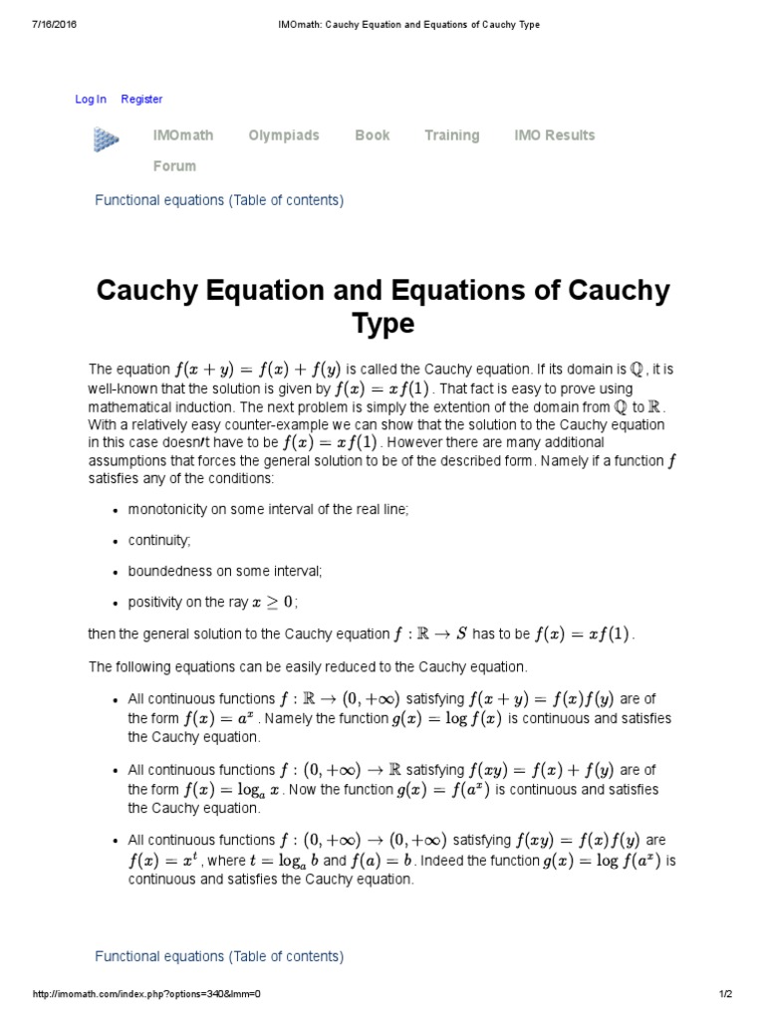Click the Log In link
point(91,99)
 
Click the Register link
point(141,99)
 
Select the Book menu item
point(372,135)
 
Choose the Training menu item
point(451,135)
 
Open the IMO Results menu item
point(554,135)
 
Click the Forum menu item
point(174,166)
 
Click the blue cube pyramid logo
point(107,140)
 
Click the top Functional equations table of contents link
point(219,200)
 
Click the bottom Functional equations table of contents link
point(219,956)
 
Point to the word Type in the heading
point(383,325)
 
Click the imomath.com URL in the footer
point(146,995)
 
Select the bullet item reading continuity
point(159,540)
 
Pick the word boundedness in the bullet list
point(168,571)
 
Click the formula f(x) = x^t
point(163,861)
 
